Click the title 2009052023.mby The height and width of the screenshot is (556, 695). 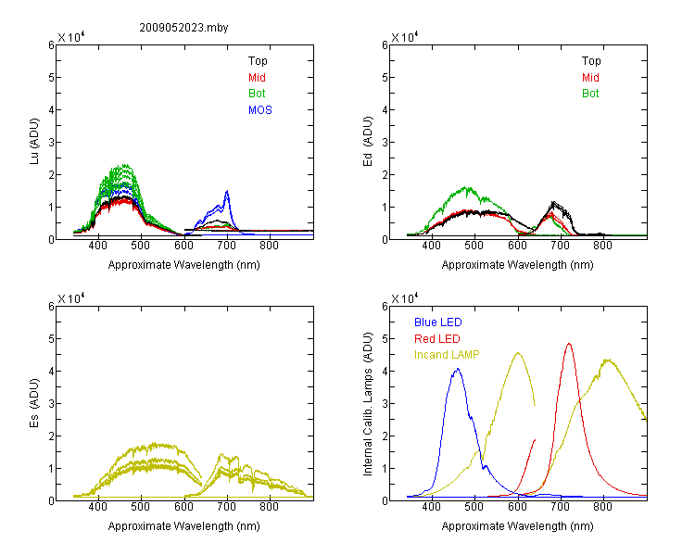[x=183, y=28]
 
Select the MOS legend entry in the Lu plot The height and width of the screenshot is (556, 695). [x=260, y=110]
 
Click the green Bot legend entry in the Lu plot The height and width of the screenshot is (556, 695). [x=257, y=94]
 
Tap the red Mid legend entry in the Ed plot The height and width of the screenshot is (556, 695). [x=590, y=78]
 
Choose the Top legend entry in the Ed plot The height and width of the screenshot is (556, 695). [x=591, y=61]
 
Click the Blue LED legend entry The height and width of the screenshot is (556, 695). [x=438, y=322]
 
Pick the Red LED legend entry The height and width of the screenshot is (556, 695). [x=437, y=339]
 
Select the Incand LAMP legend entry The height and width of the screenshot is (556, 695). [x=447, y=355]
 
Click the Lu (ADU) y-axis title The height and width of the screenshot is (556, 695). [x=34, y=141]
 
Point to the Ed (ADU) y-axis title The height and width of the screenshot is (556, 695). [x=368, y=141]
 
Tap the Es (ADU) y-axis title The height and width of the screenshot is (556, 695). [x=34, y=402]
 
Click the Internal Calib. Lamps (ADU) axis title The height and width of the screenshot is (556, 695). [x=368, y=404]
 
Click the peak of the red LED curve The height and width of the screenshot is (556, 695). [x=569, y=343]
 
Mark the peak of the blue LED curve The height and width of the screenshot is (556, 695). [x=458, y=369]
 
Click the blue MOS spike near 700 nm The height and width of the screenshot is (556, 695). [x=227, y=191]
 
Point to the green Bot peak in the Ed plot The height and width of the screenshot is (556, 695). [x=466, y=187]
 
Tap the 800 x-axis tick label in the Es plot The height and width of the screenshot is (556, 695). [x=269, y=507]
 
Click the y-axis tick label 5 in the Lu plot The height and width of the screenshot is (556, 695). [x=51, y=78]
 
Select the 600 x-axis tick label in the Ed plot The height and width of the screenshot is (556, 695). [x=517, y=246]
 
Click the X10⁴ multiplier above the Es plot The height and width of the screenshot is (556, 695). [x=71, y=298]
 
